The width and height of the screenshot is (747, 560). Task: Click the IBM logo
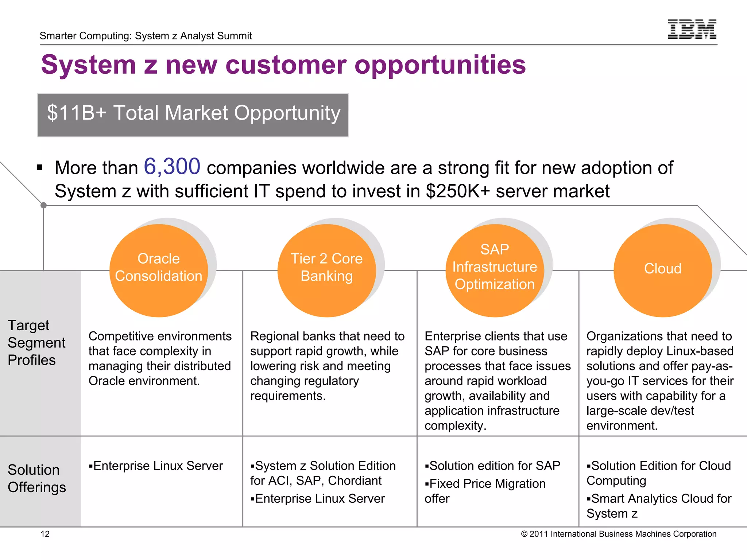pos(692,29)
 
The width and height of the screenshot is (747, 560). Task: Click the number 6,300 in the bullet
pos(172,167)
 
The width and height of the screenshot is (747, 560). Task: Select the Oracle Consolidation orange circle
pos(159,270)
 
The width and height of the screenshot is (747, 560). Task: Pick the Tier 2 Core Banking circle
pos(326,270)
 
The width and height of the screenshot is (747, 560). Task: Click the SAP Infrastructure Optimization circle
pos(495,270)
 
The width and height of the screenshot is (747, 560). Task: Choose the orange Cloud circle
pos(662,270)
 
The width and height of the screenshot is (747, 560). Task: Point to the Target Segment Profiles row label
pos(36,343)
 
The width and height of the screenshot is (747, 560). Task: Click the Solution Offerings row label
pos(36,478)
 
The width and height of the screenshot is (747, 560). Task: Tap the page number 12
pos(45,534)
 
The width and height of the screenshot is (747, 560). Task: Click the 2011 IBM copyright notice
pos(619,534)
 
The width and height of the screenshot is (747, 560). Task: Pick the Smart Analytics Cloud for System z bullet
pos(659,506)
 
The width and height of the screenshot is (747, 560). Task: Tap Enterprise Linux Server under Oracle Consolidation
pos(156,466)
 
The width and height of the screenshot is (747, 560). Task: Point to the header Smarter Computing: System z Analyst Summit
pos(146,36)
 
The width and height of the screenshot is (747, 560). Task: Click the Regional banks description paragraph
pos(327,366)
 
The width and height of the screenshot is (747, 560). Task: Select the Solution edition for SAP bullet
pos(492,466)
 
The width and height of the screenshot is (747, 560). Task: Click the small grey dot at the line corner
pos(43,205)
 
